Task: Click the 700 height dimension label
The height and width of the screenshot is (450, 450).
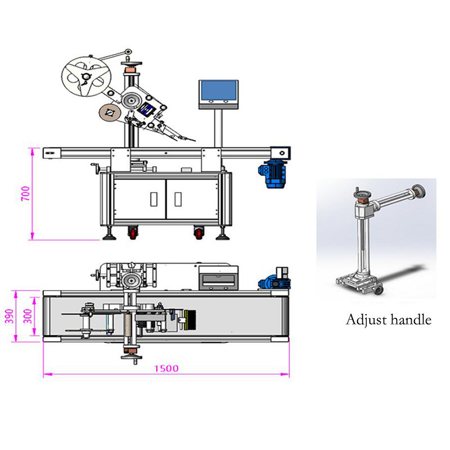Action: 25,193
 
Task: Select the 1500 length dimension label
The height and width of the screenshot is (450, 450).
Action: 167,368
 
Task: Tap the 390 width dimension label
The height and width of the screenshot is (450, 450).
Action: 10,316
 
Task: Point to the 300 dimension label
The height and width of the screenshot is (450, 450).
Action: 28,316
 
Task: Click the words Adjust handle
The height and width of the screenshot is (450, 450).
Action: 389,320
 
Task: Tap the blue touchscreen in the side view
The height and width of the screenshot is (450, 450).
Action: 219,91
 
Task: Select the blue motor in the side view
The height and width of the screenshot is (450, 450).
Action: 273,175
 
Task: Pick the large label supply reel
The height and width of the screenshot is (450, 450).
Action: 86,77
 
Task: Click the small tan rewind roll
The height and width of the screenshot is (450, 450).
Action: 109,113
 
